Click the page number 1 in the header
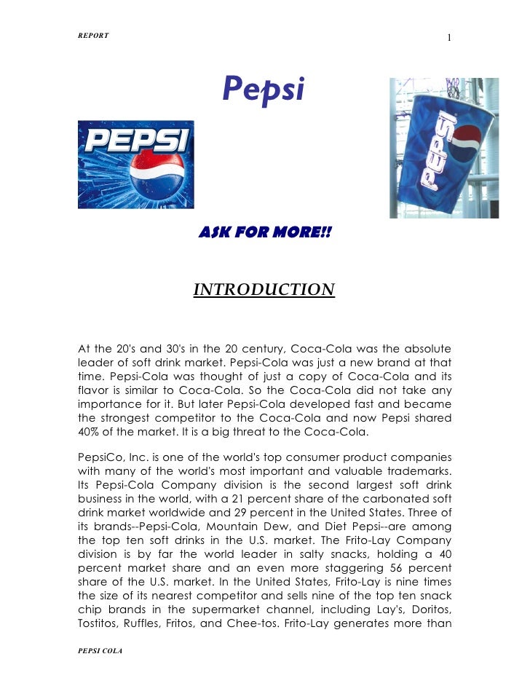pos(450,37)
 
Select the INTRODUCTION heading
pos(264,291)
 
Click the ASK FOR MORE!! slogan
pos(265,232)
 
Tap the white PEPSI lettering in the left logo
pos(137,141)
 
